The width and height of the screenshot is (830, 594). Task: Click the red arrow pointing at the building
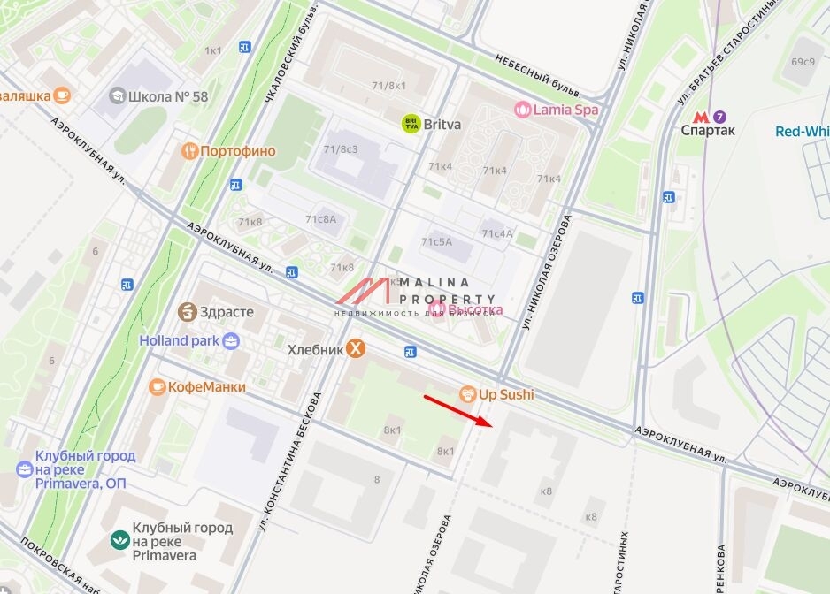(457, 410)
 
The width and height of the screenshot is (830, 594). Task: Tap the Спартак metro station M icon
(701, 116)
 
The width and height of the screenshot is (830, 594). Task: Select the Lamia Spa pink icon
(523, 110)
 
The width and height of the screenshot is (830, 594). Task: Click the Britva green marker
(411, 125)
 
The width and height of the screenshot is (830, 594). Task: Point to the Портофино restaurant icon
(188, 151)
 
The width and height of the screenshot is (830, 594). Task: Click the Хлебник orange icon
(355, 349)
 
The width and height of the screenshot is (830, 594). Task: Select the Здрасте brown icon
(187, 312)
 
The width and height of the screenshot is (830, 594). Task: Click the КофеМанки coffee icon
(158, 386)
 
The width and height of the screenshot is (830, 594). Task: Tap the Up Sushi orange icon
(467, 394)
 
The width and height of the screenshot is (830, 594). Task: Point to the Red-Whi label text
(802, 132)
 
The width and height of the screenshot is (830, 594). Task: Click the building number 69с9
(803, 62)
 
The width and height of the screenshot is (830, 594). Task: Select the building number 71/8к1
(389, 86)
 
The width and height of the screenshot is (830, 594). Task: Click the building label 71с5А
(436, 240)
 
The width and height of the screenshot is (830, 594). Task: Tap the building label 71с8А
(321, 219)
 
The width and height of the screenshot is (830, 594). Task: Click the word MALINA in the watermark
(434, 282)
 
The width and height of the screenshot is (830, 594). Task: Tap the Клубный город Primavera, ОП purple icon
(25, 468)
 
